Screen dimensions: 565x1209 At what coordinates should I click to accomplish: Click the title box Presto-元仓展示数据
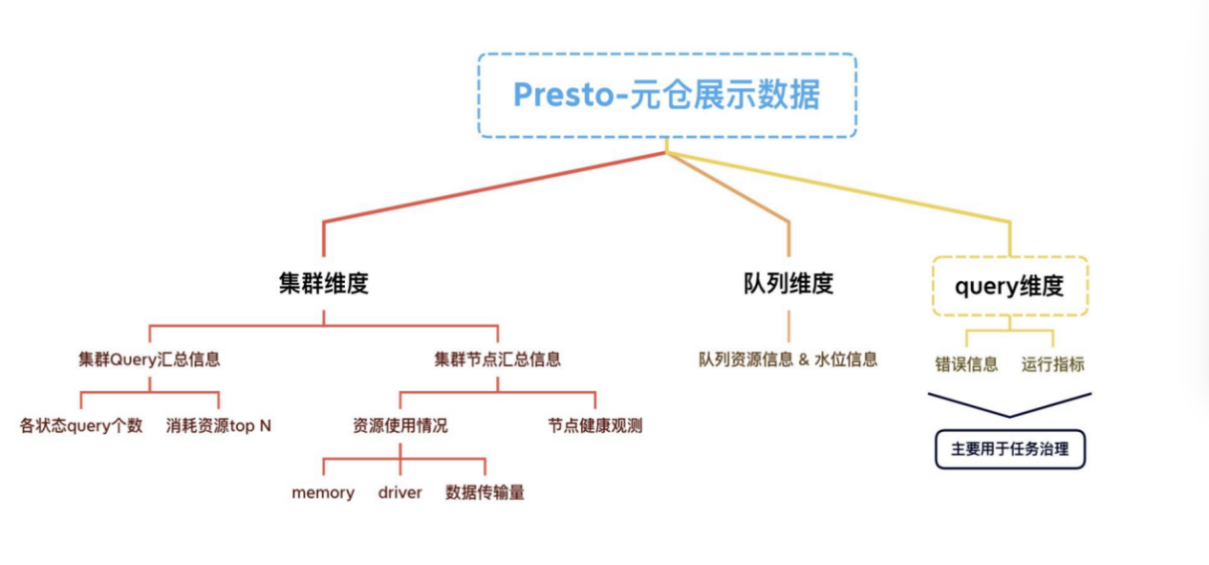[667, 96]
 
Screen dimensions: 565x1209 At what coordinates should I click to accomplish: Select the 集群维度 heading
[324, 284]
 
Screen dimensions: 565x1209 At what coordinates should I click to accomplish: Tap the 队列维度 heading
[788, 284]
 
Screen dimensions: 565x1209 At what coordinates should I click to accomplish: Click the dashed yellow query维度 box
[1009, 286]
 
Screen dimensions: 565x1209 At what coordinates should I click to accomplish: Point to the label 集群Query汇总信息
[149, 360]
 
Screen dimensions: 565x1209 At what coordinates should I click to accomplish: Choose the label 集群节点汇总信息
[498, 360]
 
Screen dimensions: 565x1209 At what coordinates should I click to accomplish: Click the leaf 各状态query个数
[81, 426]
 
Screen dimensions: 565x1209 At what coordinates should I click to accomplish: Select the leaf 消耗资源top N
[219, 426]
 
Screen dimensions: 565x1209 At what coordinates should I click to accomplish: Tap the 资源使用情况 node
[399, 426]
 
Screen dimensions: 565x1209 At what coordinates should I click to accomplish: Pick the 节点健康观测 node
[595, 426]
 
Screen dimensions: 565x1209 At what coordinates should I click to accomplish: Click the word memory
[323, 493]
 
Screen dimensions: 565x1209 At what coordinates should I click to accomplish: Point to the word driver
[399, 493]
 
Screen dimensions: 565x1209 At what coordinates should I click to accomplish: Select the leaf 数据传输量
[486, 493]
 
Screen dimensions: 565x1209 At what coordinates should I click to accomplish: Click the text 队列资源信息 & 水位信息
[788, 360]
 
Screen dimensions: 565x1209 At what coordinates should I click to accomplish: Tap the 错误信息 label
[966, 364]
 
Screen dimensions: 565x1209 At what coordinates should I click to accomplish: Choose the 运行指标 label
[1053, 364]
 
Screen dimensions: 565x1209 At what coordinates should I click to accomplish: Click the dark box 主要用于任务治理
[1009, 449]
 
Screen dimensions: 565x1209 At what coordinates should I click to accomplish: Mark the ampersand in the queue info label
[804, 360]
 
